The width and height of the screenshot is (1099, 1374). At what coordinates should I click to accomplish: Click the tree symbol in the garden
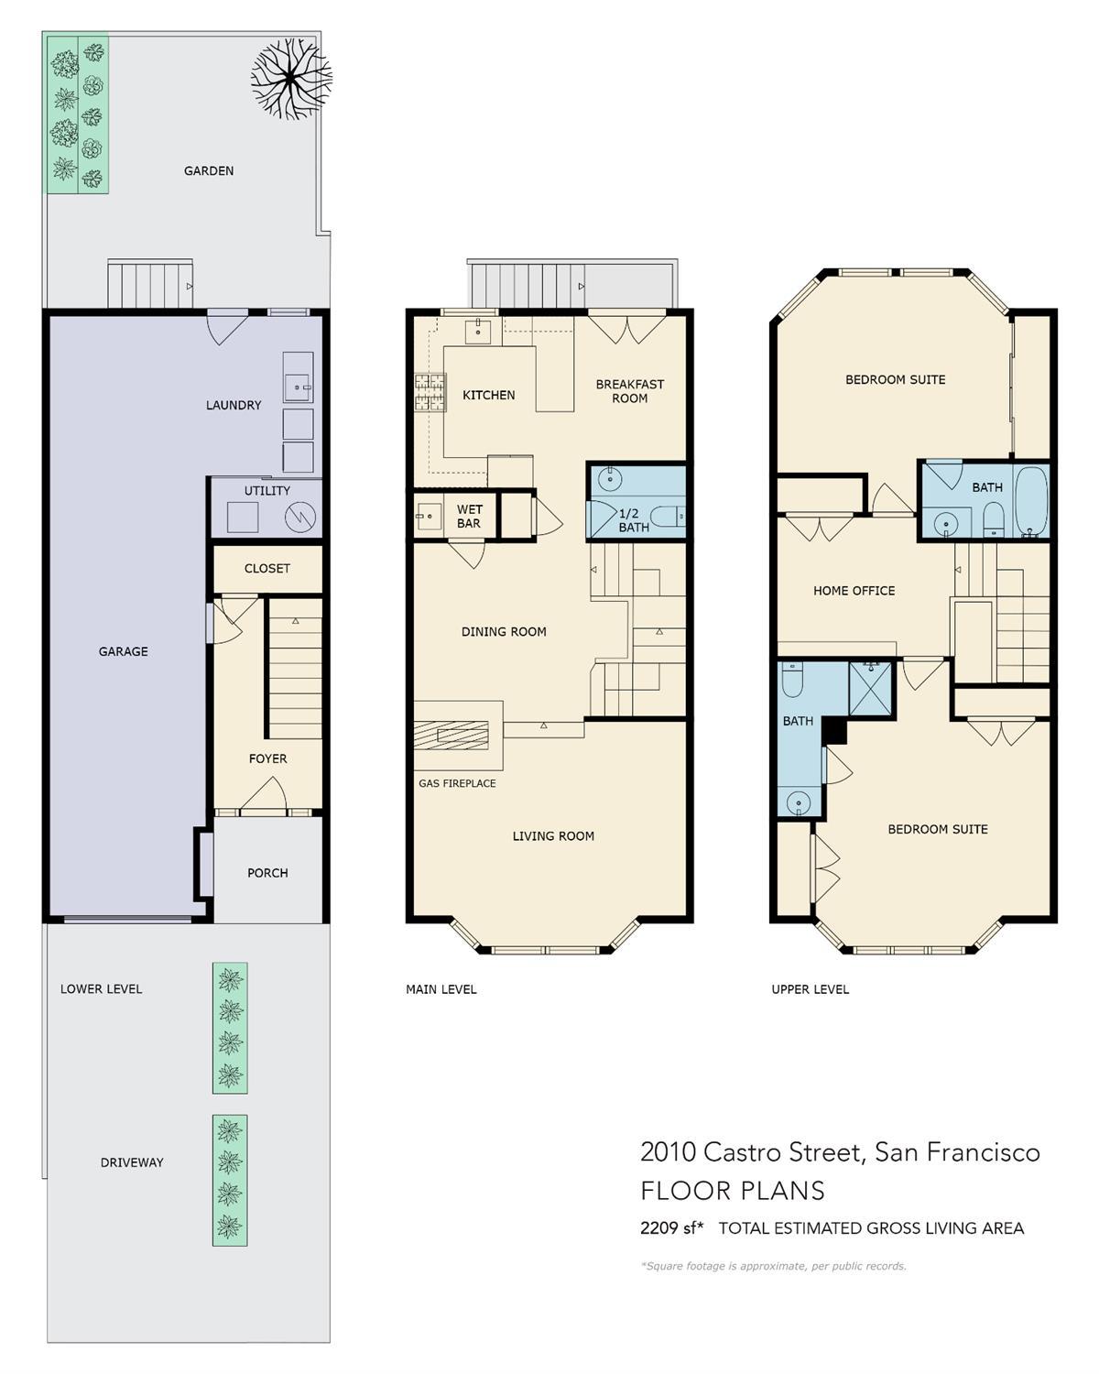pos(290,79)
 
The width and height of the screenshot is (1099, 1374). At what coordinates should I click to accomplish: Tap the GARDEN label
pos(209,170)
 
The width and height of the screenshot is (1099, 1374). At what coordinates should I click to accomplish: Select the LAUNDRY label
pos(234,405)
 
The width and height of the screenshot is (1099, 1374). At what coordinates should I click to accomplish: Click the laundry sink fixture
pos(299,386)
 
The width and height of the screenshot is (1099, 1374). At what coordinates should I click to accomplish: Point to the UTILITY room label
pos(267,490)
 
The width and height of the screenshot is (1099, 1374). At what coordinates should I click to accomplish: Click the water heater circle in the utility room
pos(300,518)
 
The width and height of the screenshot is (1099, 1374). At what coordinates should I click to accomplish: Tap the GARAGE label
pos(124,651)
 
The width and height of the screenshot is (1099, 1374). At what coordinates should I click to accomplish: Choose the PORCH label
pos(267,873)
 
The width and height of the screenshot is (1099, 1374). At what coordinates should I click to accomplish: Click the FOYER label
pos(267,758)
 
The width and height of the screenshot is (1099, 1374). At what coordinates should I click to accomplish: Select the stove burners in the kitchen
pos(430,391)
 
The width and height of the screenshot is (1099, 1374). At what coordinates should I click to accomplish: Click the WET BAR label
pos(469,516)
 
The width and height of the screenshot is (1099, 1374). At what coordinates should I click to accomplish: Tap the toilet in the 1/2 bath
pos(668,516)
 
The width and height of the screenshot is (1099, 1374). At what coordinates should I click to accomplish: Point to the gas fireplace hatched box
pos(451,735)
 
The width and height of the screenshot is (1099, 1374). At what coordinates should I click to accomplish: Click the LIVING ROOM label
pos(553,835)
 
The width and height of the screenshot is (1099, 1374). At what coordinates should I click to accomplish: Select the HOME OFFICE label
pos(854,591)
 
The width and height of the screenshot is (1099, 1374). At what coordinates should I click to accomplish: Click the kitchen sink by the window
pos(478,332)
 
